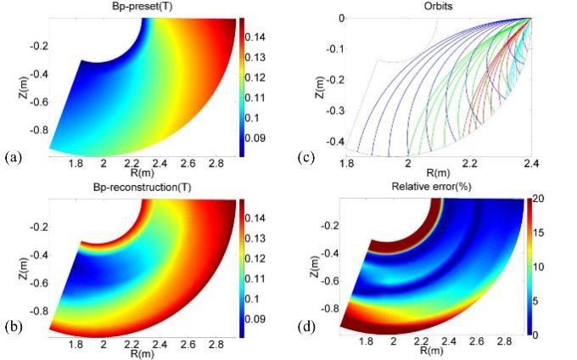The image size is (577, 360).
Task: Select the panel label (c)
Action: [308, 158]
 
